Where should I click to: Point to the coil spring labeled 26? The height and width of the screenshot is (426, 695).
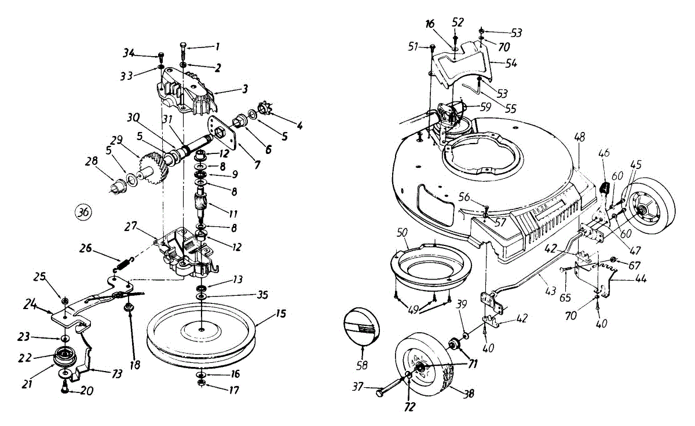pyautogui.click(x=122, y=263)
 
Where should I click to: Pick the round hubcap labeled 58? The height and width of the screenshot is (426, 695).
pyautogui.click(x=362, y=326)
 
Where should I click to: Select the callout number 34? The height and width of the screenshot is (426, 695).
pyautogui.click(x=129, y=54)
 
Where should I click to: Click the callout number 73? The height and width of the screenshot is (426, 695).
pyautogui.click(x=117, y=374)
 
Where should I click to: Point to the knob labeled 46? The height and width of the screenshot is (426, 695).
pyautogui.click(x=603, y=189)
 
